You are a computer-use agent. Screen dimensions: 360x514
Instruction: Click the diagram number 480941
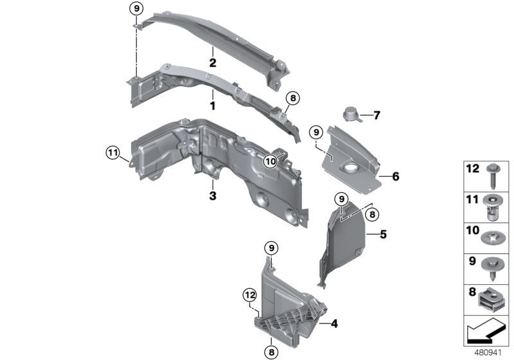[x=488, y=352]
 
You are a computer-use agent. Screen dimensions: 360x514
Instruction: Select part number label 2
[x=211, y=63]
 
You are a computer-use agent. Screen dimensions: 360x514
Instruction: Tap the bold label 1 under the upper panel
[x=211, y=104]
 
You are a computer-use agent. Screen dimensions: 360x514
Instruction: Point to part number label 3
[x=211, y=194]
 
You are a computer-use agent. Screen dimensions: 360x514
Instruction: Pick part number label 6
[x=377, y=116]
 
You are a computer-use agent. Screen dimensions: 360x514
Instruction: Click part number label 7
[x=377, y=116]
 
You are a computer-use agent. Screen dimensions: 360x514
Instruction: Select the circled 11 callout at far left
[x=113, y=152]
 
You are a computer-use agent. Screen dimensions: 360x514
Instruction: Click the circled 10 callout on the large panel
[x=269, y=161]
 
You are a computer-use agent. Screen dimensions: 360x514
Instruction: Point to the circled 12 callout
[x=249, y=294]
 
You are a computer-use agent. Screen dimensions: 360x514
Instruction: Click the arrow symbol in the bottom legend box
[x=485, y=333]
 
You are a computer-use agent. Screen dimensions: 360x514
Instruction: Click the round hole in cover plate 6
[x=353, y=169]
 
